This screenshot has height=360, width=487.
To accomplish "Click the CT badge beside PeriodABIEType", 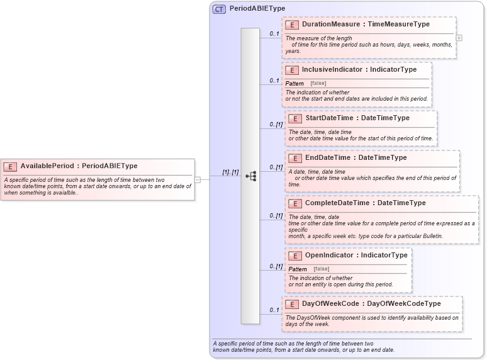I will [219, 9].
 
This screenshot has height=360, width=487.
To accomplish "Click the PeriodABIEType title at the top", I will [257, 9].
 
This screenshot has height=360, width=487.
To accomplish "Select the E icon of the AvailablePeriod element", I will [10, 166].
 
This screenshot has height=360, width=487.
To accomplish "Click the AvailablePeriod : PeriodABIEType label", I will [79, 166].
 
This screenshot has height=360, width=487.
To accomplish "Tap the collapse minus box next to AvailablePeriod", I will [198, 179].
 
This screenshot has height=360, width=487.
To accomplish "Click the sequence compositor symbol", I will [250, 176].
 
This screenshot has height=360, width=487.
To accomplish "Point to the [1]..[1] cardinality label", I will [230, 172].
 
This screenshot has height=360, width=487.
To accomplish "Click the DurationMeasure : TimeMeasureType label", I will [366, 25].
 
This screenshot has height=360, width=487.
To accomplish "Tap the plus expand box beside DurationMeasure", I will [459, 38].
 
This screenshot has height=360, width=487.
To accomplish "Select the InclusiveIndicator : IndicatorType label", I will [359, 70].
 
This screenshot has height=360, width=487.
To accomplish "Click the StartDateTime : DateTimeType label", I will [357, 118].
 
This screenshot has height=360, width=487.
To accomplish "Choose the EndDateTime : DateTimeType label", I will [355, 158].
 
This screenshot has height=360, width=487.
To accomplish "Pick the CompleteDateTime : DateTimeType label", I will [365, 203].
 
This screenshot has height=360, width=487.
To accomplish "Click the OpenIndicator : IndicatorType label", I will [356, 256].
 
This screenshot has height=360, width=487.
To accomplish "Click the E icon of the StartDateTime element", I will [294, 118].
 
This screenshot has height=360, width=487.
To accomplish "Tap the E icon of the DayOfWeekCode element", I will [291, 304].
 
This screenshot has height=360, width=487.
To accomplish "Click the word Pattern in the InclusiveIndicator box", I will [294, 84].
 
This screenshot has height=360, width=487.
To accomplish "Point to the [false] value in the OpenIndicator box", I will [321, 269].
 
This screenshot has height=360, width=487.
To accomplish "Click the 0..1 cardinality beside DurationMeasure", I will [274, 34].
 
